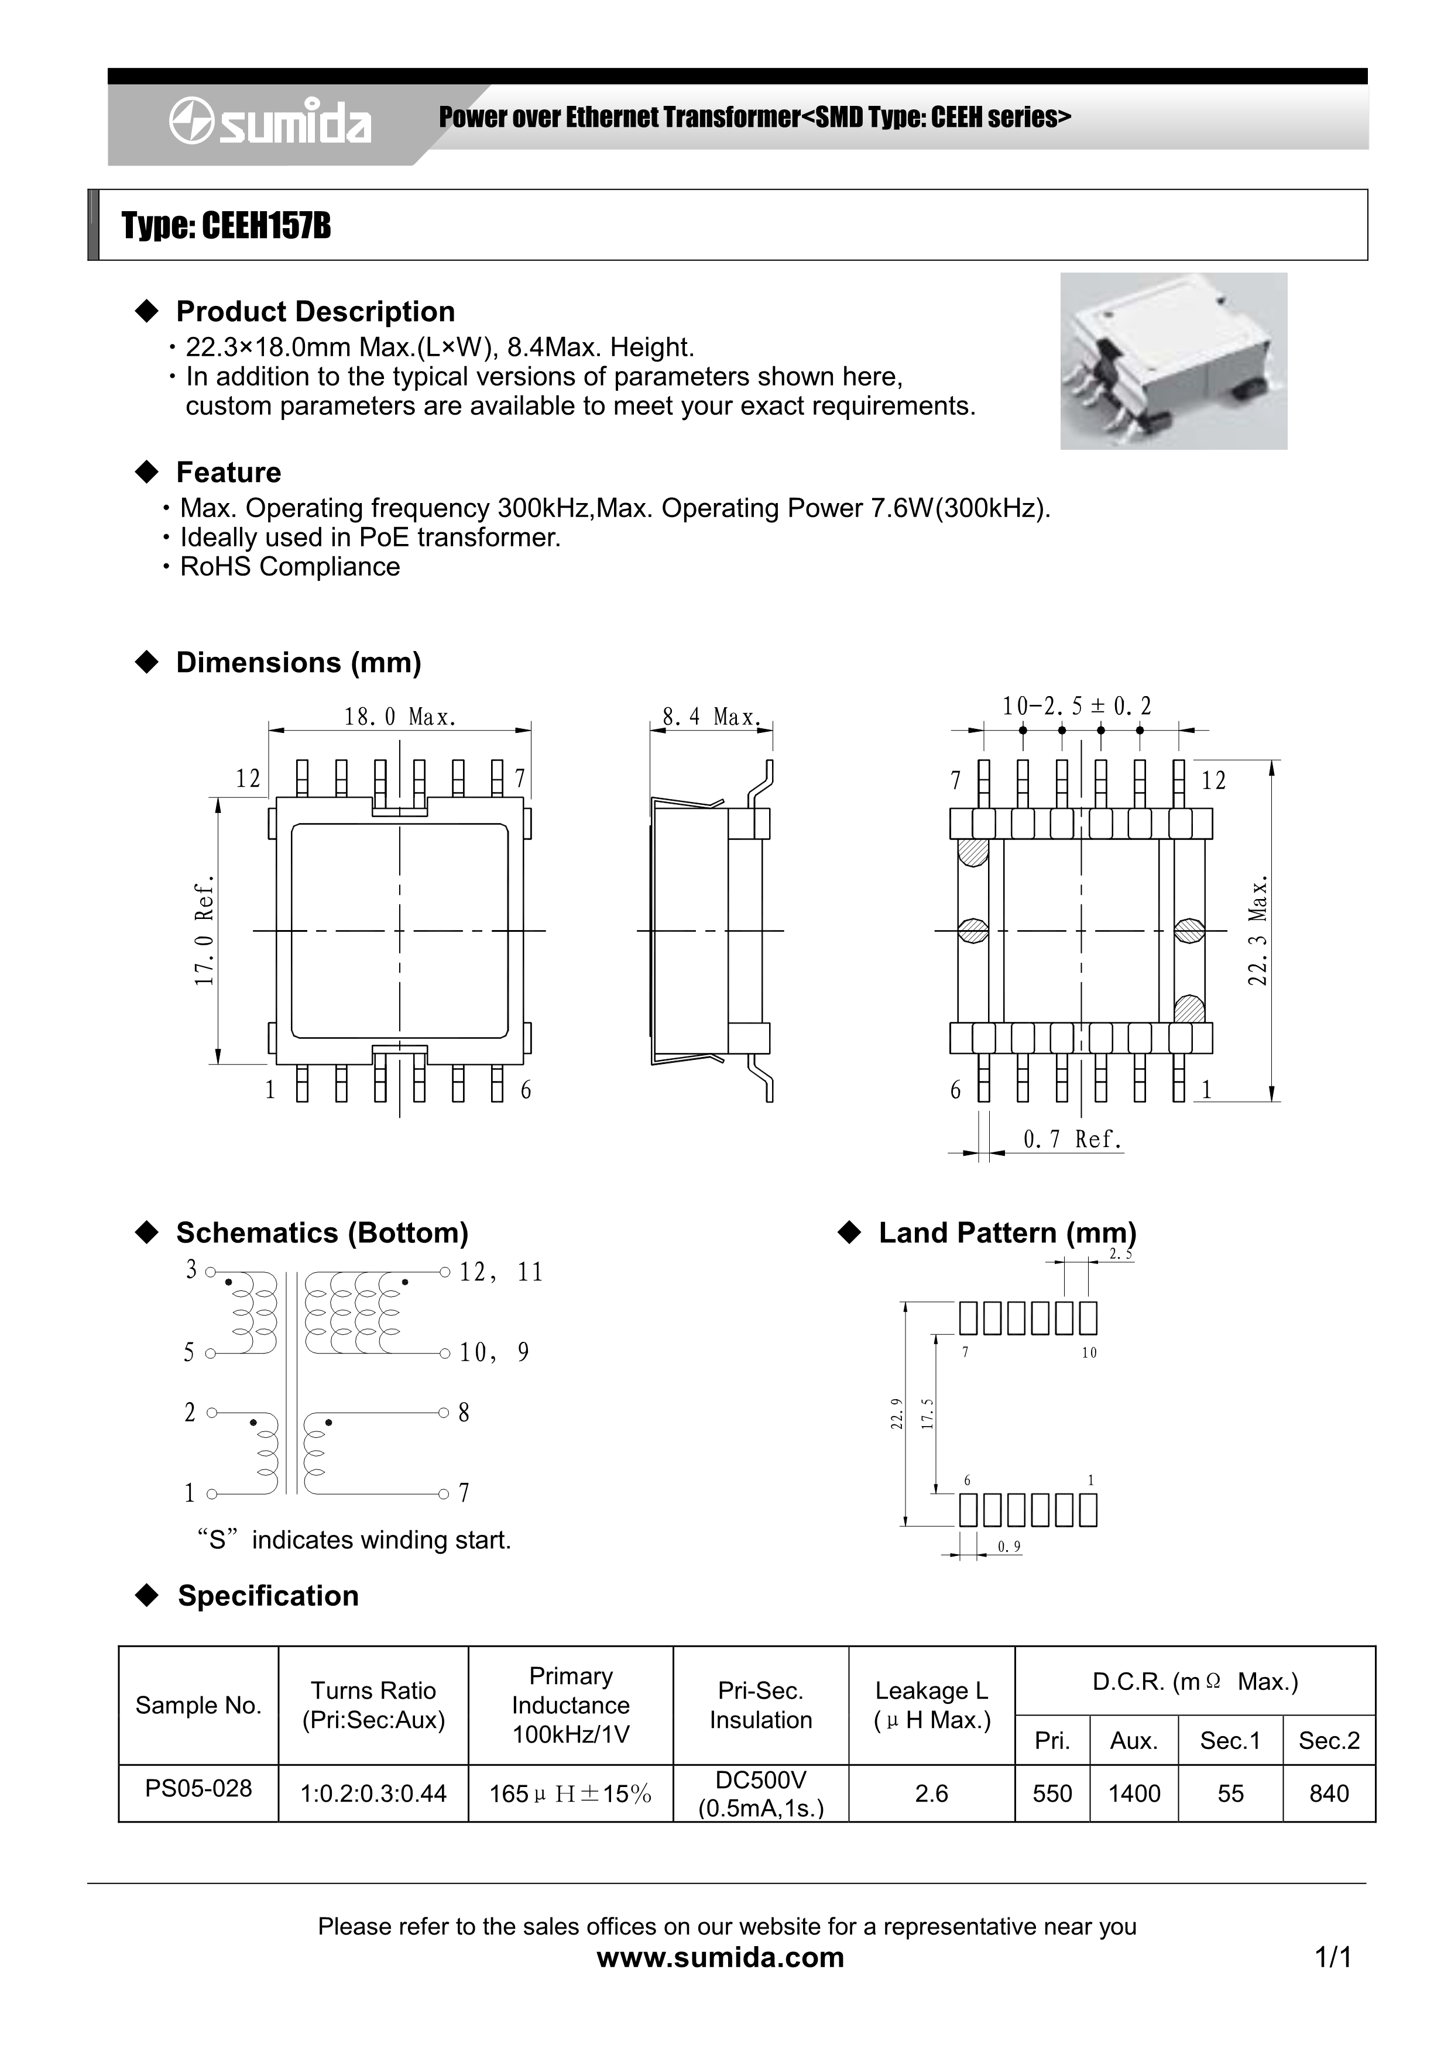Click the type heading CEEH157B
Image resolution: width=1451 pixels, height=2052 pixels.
tap(226, 226)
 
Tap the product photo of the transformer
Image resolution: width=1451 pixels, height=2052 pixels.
tap(1173, 360)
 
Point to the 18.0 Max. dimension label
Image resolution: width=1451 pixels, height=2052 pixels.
tap(400, 717)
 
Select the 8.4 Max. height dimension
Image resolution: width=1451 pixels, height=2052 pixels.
tap(711, 717)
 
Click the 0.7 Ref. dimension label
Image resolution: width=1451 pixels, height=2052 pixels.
tap(1072, 1139)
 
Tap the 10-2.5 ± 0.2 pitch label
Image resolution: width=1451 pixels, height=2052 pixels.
tap(1076, 706)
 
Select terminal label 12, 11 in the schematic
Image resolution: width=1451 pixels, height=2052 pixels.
tap(500, 1272)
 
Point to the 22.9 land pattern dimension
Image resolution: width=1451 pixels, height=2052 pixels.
tap(897, 1414)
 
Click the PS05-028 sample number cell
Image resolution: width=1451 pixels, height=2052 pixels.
tap(198, 1788)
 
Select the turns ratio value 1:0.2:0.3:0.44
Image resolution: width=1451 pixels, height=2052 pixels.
tap(373, 1793)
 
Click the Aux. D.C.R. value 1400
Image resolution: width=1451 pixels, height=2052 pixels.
tap(1134, 1793)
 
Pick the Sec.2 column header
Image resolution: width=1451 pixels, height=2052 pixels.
tap(1329, 1740)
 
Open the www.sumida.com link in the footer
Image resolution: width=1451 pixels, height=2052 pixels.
tap(720, 1957)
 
